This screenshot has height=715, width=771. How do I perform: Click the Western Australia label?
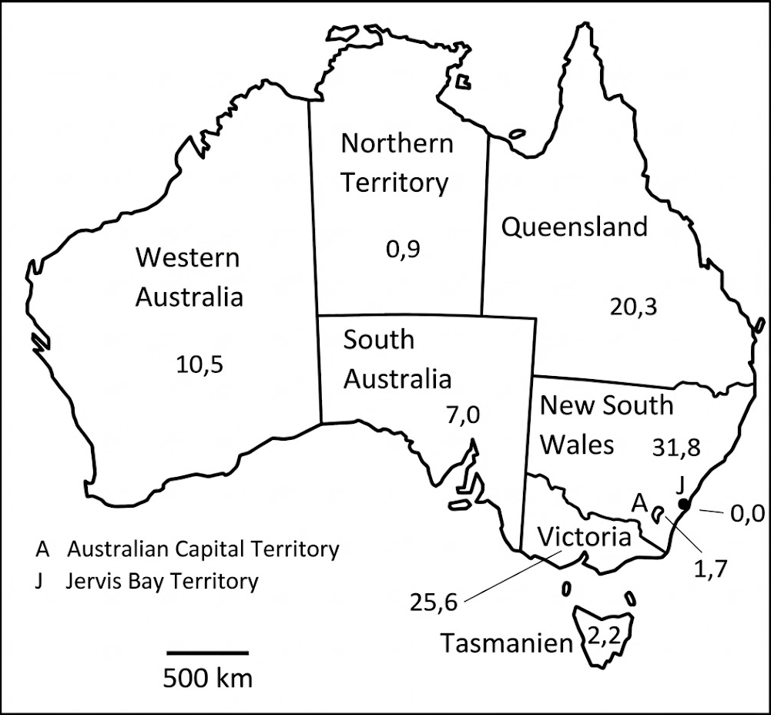click(189, 277)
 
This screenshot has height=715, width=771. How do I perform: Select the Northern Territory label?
click(397, 163)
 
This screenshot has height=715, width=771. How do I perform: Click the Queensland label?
click(575, 227)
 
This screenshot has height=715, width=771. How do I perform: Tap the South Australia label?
click(397, 359)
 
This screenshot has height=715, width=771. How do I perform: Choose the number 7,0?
click(462, 416)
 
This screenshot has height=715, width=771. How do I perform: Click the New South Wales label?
click(605, 425)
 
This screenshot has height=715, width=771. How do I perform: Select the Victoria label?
click(585, 536)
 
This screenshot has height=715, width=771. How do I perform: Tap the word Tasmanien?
click(507, 643)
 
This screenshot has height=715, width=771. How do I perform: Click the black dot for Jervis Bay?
click(682, 505)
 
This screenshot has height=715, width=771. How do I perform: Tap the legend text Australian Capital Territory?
click(203, 549)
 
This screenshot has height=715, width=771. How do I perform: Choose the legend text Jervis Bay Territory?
click(163, 580)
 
